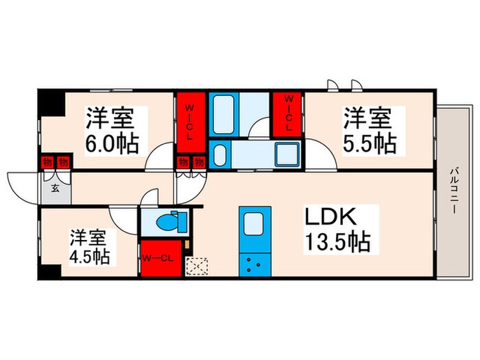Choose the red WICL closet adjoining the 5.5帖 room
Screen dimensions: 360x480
tap(289, 115)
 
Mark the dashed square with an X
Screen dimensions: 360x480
tap(198, 265)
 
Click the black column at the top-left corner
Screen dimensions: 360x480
tap(48, 102)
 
